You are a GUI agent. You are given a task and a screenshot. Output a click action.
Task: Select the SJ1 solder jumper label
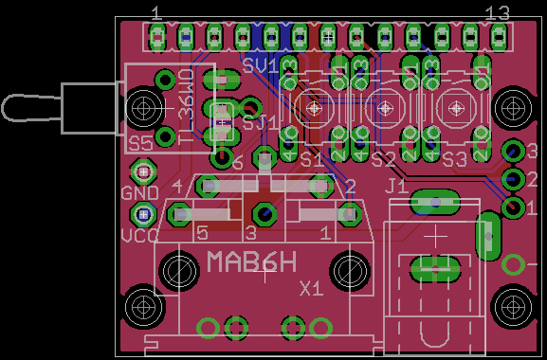(x=261, y=121)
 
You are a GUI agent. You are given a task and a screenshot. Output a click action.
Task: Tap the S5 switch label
(x=140, y=142)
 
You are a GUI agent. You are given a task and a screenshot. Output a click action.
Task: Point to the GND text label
(x=139, y=192)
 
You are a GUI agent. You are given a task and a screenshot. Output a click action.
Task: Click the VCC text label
(x=139, y=236)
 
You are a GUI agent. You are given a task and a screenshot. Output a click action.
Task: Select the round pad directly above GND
(x=143, y=171)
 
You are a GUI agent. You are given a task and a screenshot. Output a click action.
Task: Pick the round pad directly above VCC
(x=143, y=214)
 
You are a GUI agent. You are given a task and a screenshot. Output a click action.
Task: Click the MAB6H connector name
(x=251, y=261)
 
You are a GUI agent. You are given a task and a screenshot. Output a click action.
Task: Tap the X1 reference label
(x=311, y=287)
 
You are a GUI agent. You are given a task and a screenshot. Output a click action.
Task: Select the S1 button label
(x=312, y=159)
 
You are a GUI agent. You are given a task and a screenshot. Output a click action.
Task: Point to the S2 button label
(x=383, y=159)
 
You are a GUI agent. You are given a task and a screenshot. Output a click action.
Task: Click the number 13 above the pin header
(x=498, y=13)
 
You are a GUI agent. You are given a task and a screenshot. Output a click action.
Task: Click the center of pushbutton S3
(x=456, y=108)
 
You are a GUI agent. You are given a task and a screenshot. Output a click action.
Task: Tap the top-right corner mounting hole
(x=514, y=104)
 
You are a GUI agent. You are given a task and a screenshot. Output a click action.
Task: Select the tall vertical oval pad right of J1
(x=488, y=236)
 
